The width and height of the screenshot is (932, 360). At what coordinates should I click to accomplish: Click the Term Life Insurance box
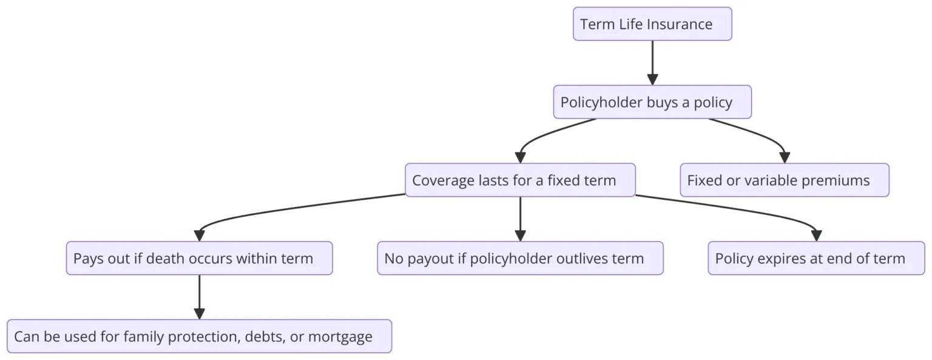click(652, 24)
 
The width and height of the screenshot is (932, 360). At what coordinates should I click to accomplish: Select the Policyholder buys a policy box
click(652, 102)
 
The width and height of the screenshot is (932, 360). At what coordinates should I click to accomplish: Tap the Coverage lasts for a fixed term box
click(520, 180)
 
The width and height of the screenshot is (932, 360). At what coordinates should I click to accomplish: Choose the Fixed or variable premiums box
click(785, 180)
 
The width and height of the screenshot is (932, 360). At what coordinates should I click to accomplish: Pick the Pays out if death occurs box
click(199, 258)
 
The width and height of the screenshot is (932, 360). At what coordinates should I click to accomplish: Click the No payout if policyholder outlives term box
click(520, 258)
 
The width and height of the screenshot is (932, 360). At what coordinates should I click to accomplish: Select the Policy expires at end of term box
click(816, 258)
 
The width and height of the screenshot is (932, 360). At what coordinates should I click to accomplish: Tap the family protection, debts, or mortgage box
click(199, 336)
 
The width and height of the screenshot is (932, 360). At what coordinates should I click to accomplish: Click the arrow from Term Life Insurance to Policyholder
click(652, 63)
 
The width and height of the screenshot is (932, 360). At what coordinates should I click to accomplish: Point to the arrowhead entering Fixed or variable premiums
click(785, 158)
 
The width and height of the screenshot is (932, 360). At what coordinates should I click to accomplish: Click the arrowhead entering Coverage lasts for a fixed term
click(520, 158)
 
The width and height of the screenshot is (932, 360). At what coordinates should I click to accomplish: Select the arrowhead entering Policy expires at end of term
click(816, 236)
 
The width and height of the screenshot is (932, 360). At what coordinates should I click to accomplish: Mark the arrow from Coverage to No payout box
click(520, 219)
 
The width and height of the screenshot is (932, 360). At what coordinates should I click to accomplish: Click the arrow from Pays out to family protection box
click(199, 297)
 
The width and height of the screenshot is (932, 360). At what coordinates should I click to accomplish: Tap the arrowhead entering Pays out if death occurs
click(199, 236)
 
